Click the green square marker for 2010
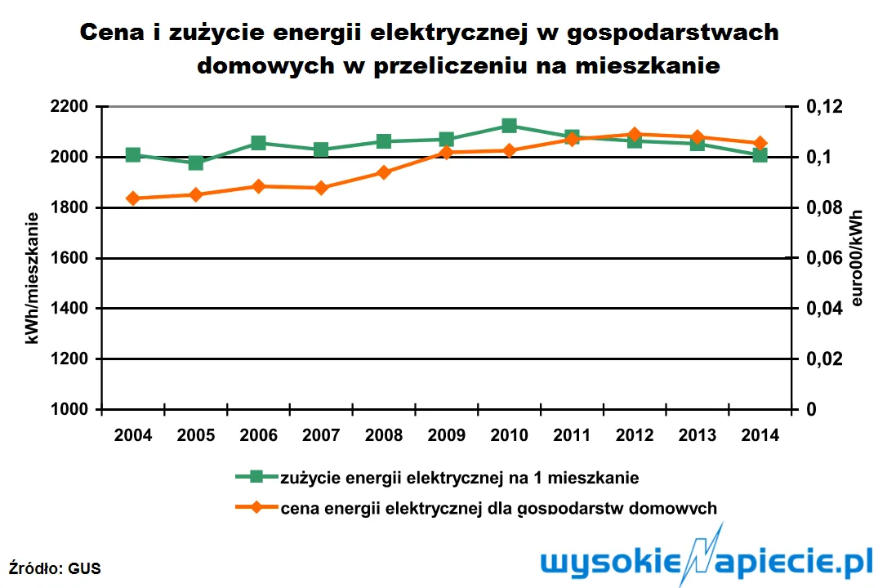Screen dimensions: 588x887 point(509,126)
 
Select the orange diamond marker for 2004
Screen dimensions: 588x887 point(133,198)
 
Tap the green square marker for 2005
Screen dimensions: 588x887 point(196,163)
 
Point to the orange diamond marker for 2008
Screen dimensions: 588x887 point(384,172)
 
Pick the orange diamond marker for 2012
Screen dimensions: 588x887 point(634,134)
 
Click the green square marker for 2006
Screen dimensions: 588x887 point(258,143)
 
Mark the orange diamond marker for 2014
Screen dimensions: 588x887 point(760,143)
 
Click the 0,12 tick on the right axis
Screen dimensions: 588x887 point(822,107)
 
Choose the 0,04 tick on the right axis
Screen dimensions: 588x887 point(822,309)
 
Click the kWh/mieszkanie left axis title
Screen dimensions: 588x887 point(33,278)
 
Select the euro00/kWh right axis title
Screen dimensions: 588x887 point(857,258)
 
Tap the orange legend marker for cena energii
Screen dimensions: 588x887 point(256,507)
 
